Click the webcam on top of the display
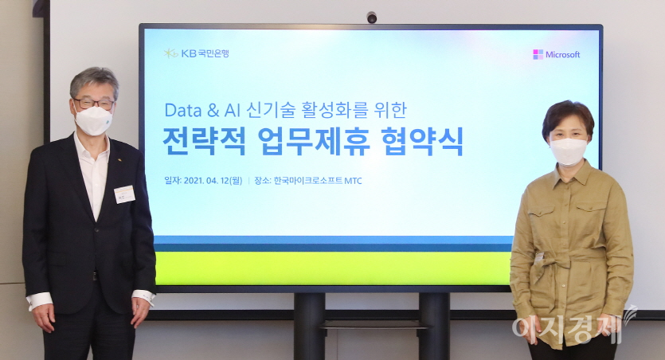[371, 17]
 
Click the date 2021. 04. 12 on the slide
[214, 180]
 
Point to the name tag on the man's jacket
[124, 194]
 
